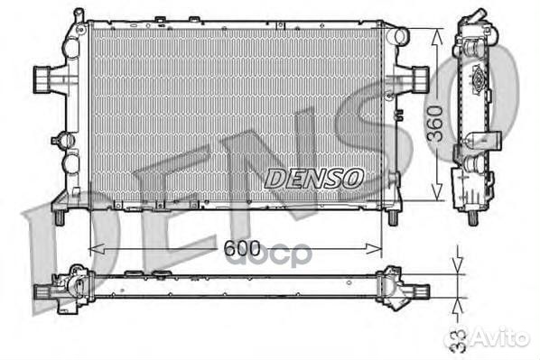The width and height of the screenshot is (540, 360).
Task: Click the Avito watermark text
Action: click(x=502, y=338)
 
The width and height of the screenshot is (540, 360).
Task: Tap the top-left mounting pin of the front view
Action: click(x=79, y=15)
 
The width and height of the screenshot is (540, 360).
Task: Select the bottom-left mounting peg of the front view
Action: click(x=59, y=217)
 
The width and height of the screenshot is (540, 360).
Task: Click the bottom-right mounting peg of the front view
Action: click(x=392, y=217)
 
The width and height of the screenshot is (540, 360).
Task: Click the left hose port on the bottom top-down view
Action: click(x=43, y=292)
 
